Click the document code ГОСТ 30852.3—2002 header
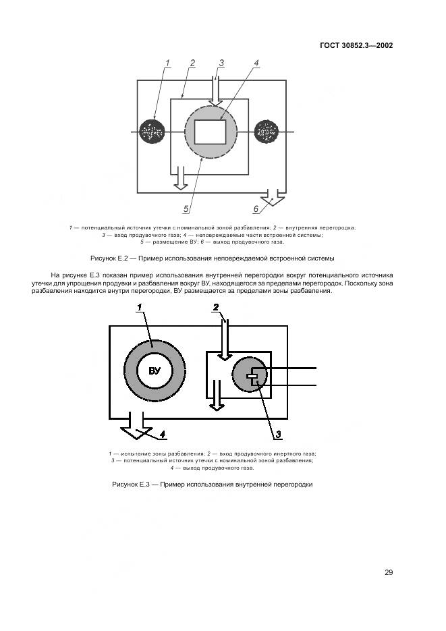pyautogui.click(x=356, y=46)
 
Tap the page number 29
pyautogui.click(x=389, y=572)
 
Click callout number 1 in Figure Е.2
pyautogui.click(x=166, y=63)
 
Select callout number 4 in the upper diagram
pyautogui.click(x=256, y=63)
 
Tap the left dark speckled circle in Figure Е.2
pyautogui.click(x=153, y=132)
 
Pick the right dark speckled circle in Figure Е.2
pyautogui.click(x=267, y=132)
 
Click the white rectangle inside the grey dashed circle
pyautogui.click(x=210, y=131)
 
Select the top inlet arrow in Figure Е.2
pyautogui.click(x=215, y=92)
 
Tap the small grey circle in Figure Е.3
pyautogui.click(x=250, y=375)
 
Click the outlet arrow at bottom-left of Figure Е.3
pyautogui.click(x=136, y=429)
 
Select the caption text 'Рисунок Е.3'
pyautogui.click(x=130, y=485)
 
